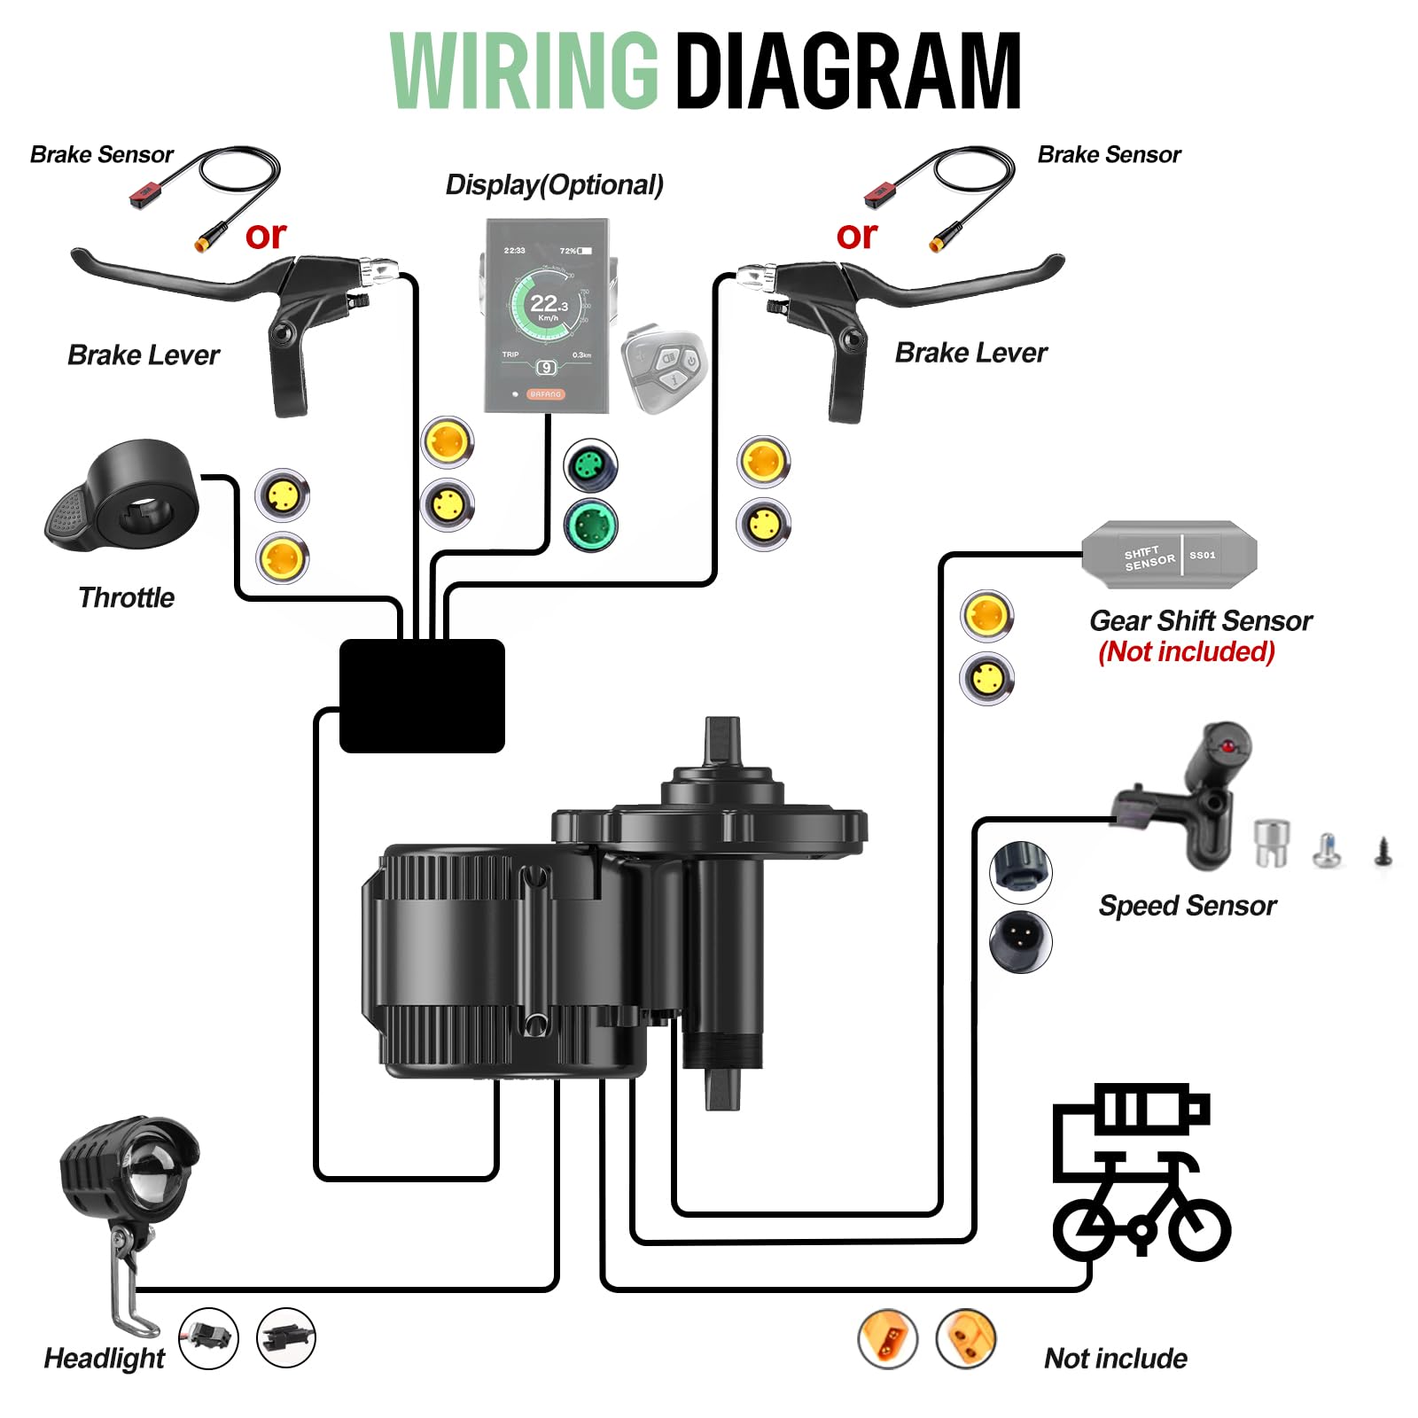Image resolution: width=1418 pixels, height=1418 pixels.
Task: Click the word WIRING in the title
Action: tap(524, 71)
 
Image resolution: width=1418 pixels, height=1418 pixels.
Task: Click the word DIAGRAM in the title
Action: tap(848, 71)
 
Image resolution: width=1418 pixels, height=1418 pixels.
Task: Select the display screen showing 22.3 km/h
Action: tap(547, 315)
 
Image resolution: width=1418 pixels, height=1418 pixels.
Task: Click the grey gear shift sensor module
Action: tap(1168, 556)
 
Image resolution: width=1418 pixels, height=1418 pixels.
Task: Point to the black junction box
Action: tap(422, 696)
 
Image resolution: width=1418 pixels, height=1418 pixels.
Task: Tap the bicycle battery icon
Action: tap(1141, 1170)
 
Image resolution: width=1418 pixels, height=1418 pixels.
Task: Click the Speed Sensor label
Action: tap(1187, 906)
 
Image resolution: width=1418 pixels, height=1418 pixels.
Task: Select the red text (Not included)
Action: tap(1186, 652)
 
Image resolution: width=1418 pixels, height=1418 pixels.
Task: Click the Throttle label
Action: tap(126, 597)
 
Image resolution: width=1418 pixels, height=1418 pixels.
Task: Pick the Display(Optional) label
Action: tap(554, 184)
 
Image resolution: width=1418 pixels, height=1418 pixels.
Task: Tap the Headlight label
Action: tap(104, 1358)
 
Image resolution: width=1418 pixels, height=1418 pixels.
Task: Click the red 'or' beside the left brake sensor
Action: tap(265, 236)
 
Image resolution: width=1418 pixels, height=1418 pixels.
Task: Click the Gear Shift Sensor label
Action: tap(1200, 620)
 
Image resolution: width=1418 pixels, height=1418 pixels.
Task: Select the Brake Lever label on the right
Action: tap(970, 353)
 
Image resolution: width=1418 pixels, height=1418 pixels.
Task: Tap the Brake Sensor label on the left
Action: tap(101, 154)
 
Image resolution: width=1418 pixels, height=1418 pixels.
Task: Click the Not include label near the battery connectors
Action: tap(1115, 1358)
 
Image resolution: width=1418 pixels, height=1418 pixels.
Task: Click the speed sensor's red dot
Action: tap(1227, 747)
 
